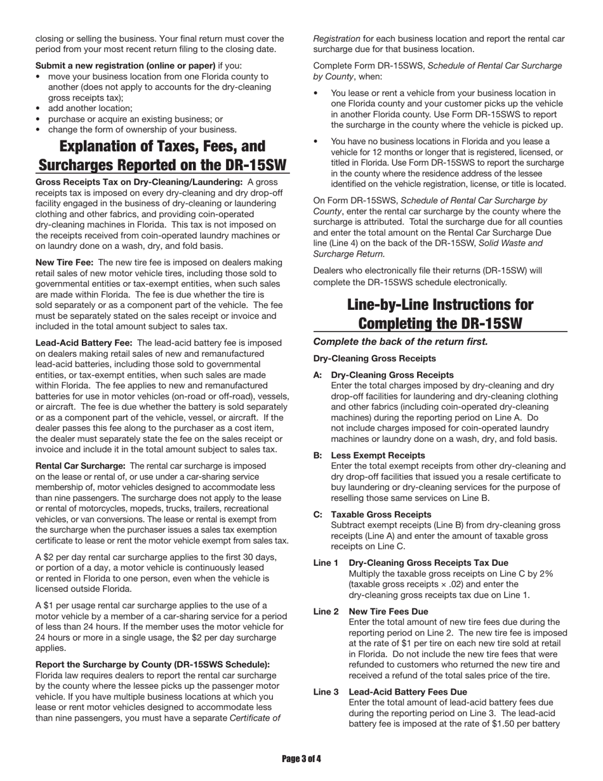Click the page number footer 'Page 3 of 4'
coord(301,758)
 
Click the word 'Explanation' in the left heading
coord(105,147)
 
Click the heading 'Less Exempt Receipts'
coord(378,455)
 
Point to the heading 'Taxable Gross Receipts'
coord(381,514)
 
